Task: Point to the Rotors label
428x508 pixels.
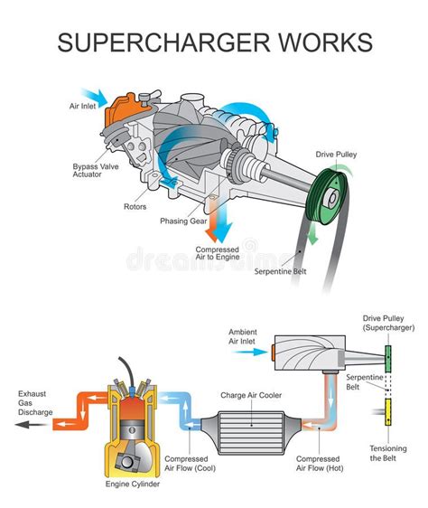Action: click(135, 207)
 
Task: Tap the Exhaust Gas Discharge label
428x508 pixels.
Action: click(35, 403)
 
